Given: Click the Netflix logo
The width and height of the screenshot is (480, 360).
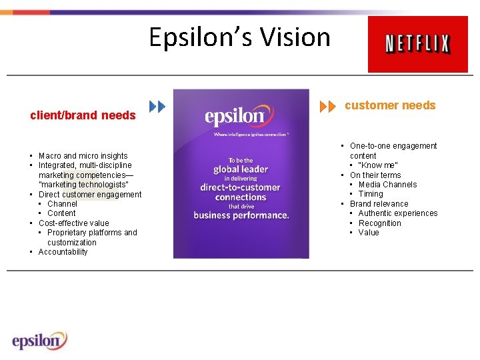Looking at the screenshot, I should point(418,45).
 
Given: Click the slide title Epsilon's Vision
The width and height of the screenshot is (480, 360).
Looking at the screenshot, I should point(239,37).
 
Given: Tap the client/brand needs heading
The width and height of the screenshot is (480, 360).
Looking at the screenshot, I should point(83,115).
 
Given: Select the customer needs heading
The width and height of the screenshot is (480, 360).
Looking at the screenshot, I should point(390,105).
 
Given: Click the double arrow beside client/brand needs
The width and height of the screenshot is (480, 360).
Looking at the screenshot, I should point(157,107).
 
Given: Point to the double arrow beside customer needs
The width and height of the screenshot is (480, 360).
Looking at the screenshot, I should point(328,107).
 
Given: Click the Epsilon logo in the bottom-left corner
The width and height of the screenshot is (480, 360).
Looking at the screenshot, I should point(39,341).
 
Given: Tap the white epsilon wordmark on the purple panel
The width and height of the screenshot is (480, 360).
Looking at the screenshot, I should point(235,117).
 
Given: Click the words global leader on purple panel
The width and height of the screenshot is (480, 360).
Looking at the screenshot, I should point(241,169).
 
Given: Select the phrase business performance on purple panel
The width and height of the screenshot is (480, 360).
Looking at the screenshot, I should point(241,215).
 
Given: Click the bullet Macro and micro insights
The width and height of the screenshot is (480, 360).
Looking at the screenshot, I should point(83,156).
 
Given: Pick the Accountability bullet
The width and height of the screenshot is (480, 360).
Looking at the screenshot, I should point(63,252).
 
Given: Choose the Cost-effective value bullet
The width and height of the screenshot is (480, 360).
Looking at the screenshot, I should point(73,223).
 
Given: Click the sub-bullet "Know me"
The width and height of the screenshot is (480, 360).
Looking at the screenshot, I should point(378,165).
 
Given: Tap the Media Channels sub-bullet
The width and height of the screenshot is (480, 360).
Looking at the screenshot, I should point(387,185).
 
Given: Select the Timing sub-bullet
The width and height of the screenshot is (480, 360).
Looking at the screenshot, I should point(371,194).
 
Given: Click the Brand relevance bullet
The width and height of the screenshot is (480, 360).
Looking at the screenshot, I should point(379,204).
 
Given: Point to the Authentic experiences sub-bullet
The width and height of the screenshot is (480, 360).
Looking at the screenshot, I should point(397,213).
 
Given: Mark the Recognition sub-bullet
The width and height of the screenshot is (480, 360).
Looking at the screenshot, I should point(379,223).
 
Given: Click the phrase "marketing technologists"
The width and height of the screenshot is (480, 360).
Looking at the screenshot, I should point(83,185).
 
